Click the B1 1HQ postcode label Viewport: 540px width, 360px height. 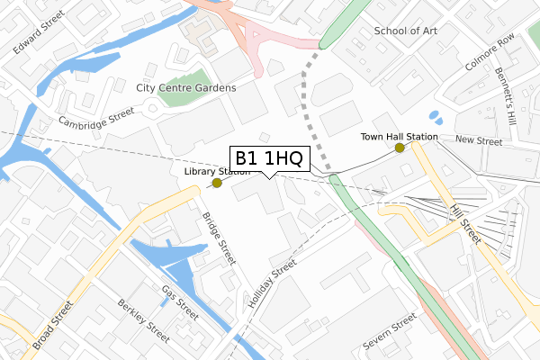(270, 158)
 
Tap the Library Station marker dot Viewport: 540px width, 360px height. (216, 184)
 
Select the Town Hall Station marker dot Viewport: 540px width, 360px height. (399, 148)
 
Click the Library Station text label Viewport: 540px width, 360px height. (217, 171)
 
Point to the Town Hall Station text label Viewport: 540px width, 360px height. (399, 137)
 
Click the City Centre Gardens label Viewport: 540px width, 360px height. (185, 88)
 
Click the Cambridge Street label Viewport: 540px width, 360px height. (96, 120)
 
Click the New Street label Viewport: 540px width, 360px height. (477, 139)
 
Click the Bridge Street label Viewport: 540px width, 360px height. (219, 238)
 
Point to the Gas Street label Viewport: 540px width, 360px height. (180, 303)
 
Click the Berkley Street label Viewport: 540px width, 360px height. (142, 321)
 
